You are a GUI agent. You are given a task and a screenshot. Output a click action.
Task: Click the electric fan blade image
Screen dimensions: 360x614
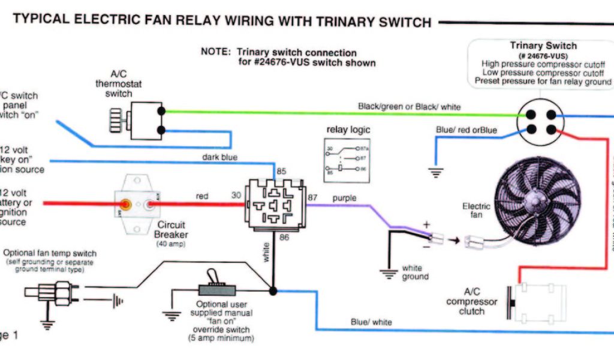click(x=531, y=200)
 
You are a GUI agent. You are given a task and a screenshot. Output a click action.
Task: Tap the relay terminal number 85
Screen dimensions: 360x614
click(x=281, y=171)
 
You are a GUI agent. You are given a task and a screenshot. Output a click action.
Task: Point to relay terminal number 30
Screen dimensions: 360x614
click(x=236, y=196)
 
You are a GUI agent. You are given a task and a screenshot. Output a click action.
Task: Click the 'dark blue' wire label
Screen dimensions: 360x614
click(x=220, y=157)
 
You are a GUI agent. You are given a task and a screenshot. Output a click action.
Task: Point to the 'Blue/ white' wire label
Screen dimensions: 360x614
click(x=371, y=322)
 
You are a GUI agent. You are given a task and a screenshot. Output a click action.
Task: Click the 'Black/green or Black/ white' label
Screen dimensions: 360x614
click(x=410, y=107)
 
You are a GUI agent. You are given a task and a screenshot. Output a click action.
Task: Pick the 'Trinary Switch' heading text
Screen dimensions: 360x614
click(x=543, y=46)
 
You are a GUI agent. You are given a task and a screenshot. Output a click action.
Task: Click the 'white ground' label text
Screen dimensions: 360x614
click(x=416, y=272)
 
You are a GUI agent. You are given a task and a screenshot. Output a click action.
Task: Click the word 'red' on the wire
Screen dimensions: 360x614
click(x=201, y=196)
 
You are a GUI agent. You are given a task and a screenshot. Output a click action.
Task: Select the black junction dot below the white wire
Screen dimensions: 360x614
click(x=273, y=291)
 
